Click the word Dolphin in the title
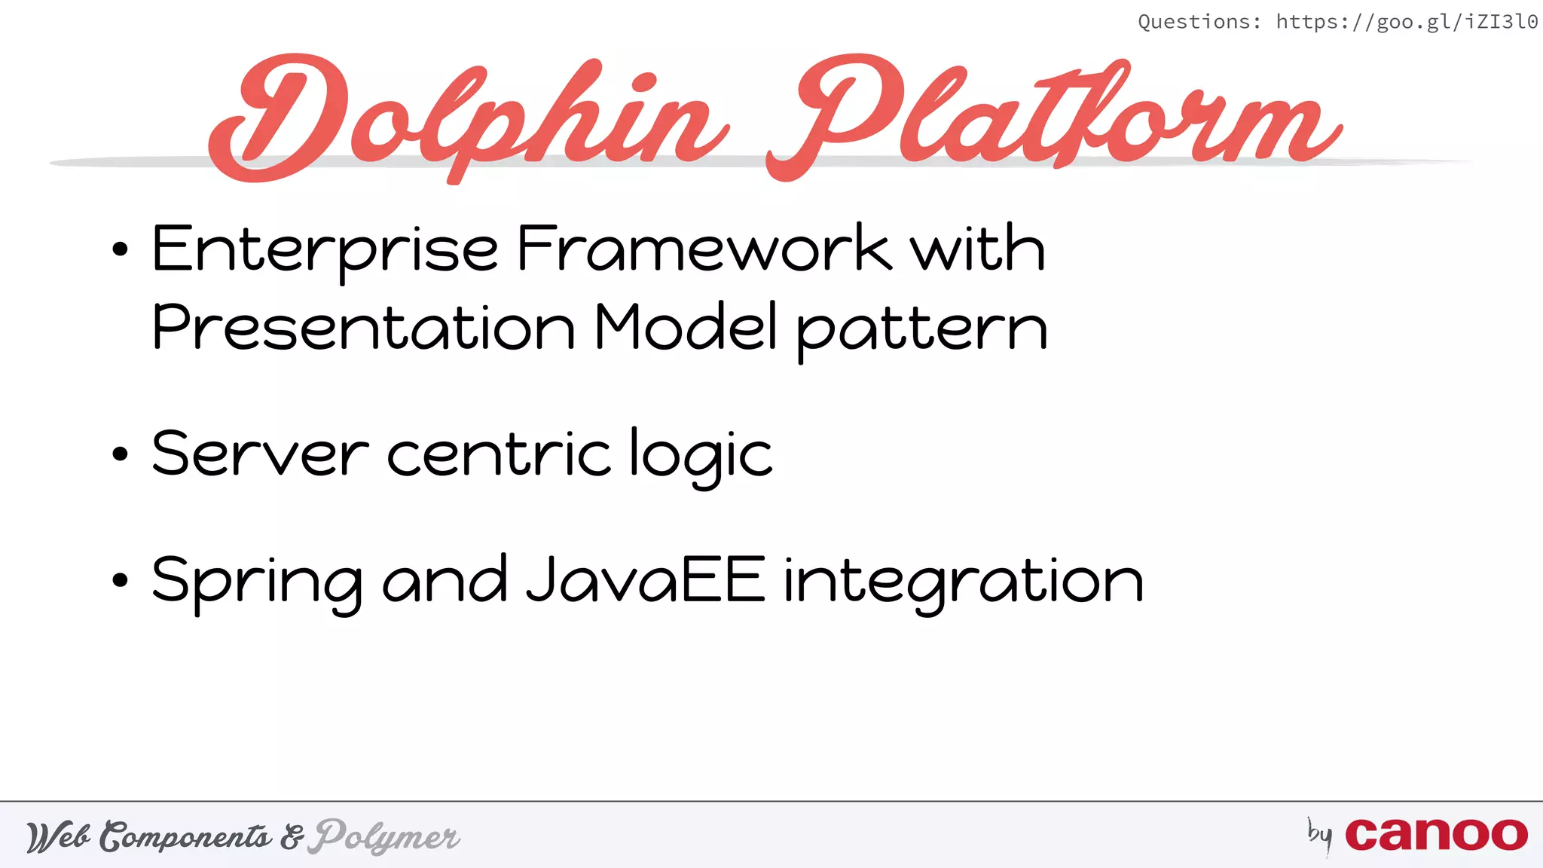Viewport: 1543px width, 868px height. pyautogui.click(x=467, y=117)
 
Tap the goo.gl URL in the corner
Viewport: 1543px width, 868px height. pyautogui.click(x=1407, y=22)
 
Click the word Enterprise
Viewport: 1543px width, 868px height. pyautogui.click(x=325, y=249)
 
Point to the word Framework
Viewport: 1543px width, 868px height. pyautogui.click(x=704, y=249)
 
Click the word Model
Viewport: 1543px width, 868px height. pyautogui.click(x=686, y=328)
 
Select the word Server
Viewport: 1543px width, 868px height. pyautogui.click(x=261, y=454)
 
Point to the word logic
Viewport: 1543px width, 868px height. pyautogui.click(x=701, y=455)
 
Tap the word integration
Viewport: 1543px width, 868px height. pyautogui.click(x=964, y=582)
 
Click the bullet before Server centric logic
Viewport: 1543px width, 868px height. pyautogui.click(x=120, y=454)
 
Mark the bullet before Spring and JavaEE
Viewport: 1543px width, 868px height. pyautogui.click(x=120, y=581)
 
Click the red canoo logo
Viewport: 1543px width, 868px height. pyautogui.click(x=1436, y=835)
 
